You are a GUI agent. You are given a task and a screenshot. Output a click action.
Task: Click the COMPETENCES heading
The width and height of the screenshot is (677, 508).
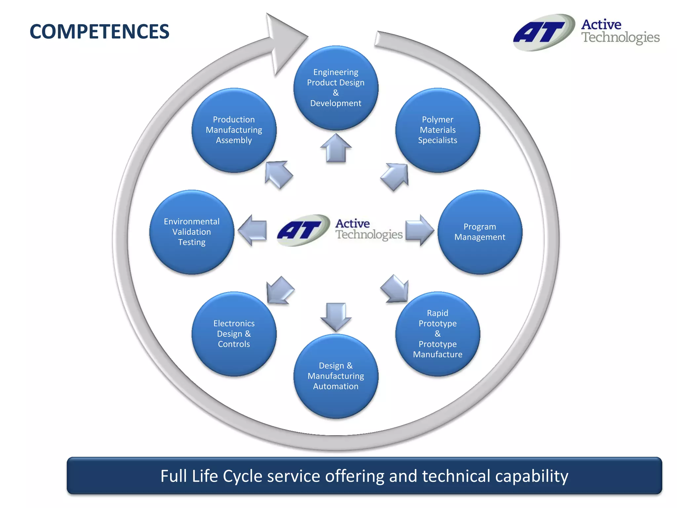pos(99,32)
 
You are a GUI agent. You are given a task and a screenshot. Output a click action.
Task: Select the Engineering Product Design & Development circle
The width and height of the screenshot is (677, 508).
pos(336,88)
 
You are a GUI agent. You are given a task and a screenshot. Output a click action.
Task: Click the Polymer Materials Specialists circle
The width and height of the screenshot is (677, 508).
pos(437,130)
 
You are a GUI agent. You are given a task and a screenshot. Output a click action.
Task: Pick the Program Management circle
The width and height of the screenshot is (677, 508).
pos(480,232)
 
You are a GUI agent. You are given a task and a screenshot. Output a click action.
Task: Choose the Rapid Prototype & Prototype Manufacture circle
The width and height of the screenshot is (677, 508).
pos(437,334)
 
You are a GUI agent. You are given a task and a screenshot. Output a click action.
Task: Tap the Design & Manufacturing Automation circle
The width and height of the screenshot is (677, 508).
pos(336,376)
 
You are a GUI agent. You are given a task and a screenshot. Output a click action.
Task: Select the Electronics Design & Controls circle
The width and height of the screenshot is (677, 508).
pos(234,334)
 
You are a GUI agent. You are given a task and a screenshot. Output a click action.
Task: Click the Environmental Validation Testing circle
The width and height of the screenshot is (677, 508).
pos(192,232)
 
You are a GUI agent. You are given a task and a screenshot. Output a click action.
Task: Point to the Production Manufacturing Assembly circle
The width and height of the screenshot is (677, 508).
pos(234,130)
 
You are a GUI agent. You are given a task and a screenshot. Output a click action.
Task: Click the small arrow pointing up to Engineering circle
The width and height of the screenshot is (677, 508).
pos(336,148)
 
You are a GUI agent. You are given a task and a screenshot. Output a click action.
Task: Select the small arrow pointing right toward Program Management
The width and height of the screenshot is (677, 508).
pos(419,230)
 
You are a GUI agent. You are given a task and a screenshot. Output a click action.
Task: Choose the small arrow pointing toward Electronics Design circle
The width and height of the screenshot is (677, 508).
pos(280,290)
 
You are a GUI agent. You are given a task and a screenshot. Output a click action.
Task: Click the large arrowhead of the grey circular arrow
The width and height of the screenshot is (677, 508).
pos(284,41)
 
